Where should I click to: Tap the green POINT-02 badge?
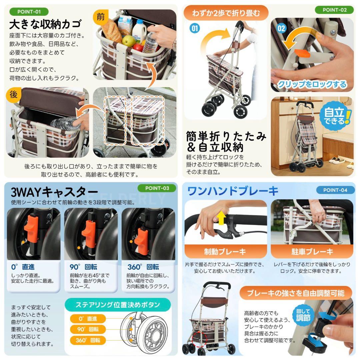click(334, 10)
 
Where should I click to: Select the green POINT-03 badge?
click(157, 188)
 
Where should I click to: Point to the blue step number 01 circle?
click(194, 28)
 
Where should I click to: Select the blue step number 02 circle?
click(281, 28)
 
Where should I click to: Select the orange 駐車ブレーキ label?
click(312, 251)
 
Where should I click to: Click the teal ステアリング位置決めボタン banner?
click(117, 304)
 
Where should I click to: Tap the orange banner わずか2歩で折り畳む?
click(226, 13)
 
